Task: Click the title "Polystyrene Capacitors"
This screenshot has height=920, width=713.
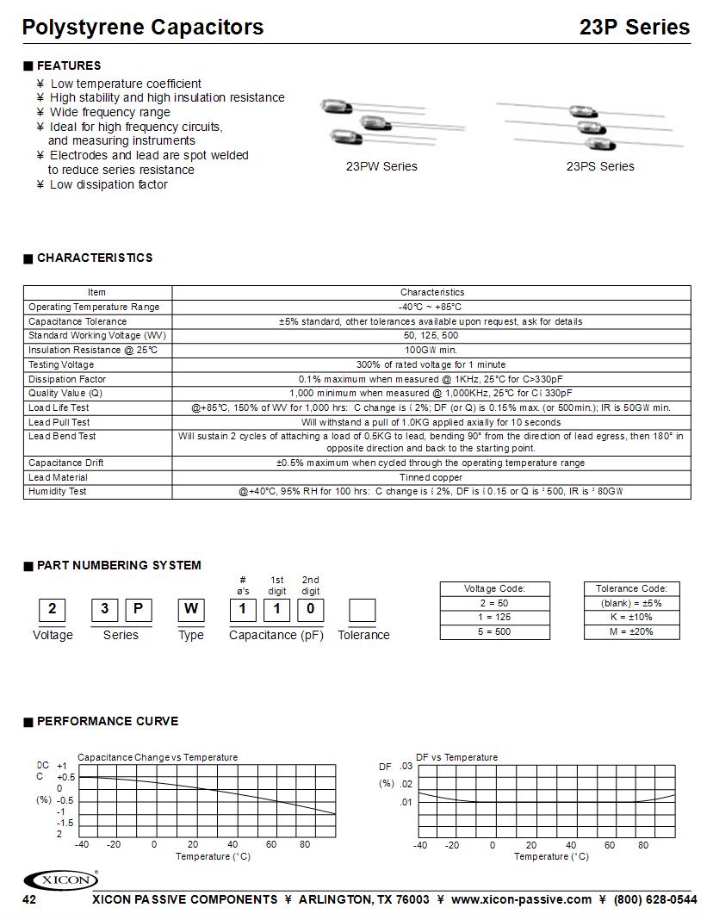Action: click(143, 28)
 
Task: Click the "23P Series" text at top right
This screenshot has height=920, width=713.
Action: click(635, 28)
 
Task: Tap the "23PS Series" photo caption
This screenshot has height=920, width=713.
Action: click(600, 166)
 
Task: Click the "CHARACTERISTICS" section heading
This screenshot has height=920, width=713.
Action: click(95, 258)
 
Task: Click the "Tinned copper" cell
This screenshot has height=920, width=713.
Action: click(431, 477)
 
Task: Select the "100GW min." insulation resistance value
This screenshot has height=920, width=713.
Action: click(431, 351)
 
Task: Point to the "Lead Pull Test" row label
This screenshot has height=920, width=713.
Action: click(59, 422)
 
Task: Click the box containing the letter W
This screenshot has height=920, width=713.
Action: click(190, 610)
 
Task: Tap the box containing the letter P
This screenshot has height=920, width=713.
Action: click(139, 610)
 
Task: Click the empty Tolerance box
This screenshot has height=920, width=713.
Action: click(363, 610)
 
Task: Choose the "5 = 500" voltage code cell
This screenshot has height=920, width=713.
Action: click(494, 631)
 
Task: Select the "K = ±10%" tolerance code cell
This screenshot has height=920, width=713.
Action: click(631, 618)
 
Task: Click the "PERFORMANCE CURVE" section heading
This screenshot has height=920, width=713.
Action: click(108, 721)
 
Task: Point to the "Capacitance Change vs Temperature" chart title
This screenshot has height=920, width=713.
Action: click(158, 757)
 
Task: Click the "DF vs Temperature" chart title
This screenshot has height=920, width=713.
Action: click(456, 757)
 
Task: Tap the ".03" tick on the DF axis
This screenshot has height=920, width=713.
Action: click(407, 767)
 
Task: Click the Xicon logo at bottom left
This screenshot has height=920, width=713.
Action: click(60, 880)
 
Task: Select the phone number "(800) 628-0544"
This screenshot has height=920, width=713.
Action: click(655, 899)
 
